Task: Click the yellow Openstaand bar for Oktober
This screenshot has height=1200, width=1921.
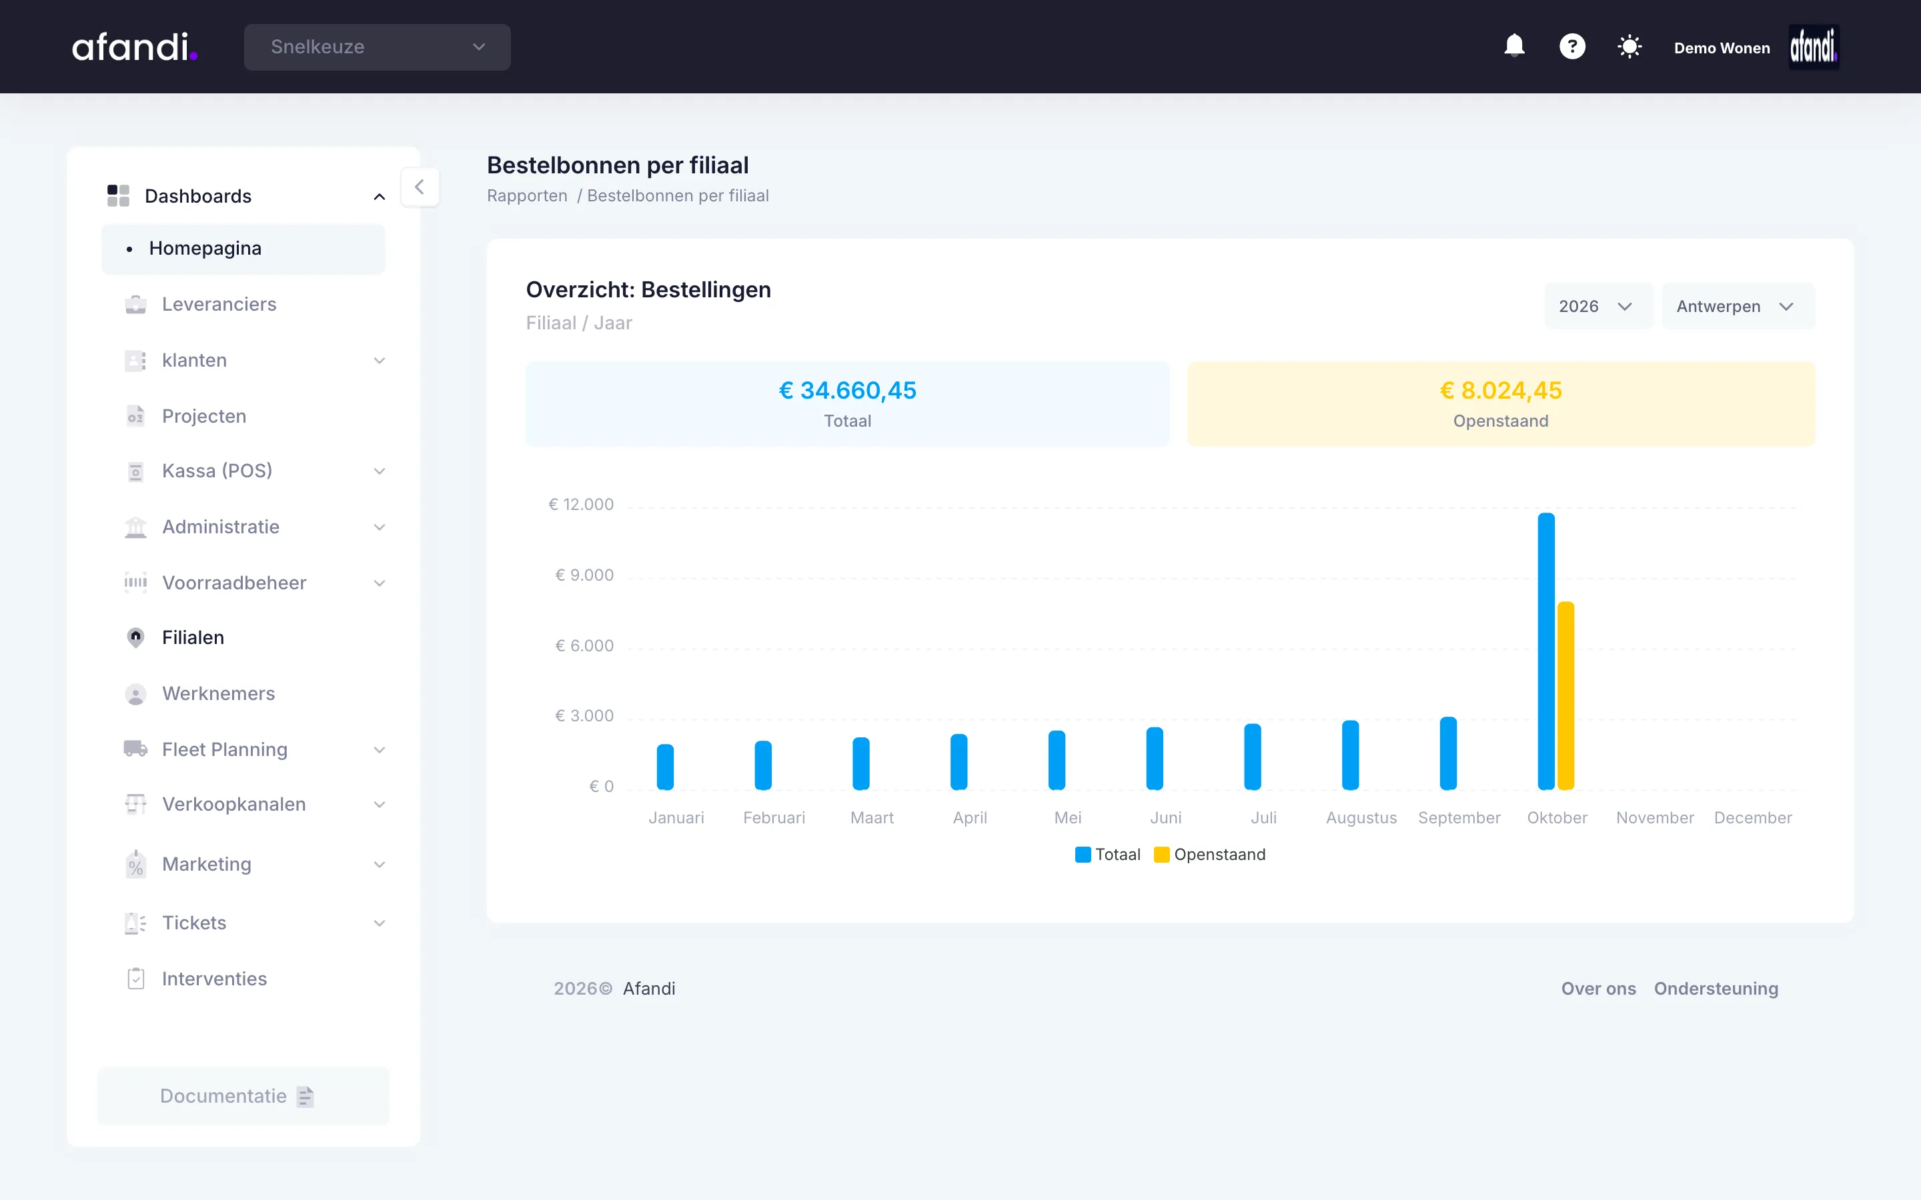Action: tap(1565, 695)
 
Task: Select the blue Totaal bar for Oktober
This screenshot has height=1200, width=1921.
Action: tap(1546, 651)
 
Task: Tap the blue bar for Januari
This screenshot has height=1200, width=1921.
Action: tap(665, 767)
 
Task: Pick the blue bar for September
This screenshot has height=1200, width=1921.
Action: tap(1448, 753)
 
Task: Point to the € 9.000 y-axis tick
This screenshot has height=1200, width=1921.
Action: tap(584, 575)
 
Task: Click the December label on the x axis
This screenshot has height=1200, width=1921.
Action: tap(1753, 817)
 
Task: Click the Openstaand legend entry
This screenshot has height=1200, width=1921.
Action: tap(1210, 854)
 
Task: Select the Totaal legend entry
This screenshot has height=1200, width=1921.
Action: tap(1107, 854)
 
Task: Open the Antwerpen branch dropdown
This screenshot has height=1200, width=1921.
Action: tap(1738, 307)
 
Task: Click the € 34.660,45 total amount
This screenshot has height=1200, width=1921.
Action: tap(848, 391)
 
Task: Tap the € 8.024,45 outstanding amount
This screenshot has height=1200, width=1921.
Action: tap(1500, 391)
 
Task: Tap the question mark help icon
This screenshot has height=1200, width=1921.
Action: tap(1571, 46)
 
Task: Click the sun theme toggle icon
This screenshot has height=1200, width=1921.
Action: tap(1630, 47)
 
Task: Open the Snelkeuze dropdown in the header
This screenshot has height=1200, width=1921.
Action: tap(377, 47)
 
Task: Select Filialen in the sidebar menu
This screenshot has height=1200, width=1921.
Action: tap(193, 637)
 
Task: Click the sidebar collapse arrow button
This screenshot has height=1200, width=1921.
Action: tap(419, 187)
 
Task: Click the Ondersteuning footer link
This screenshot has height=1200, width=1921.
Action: tap(1716, 988)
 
